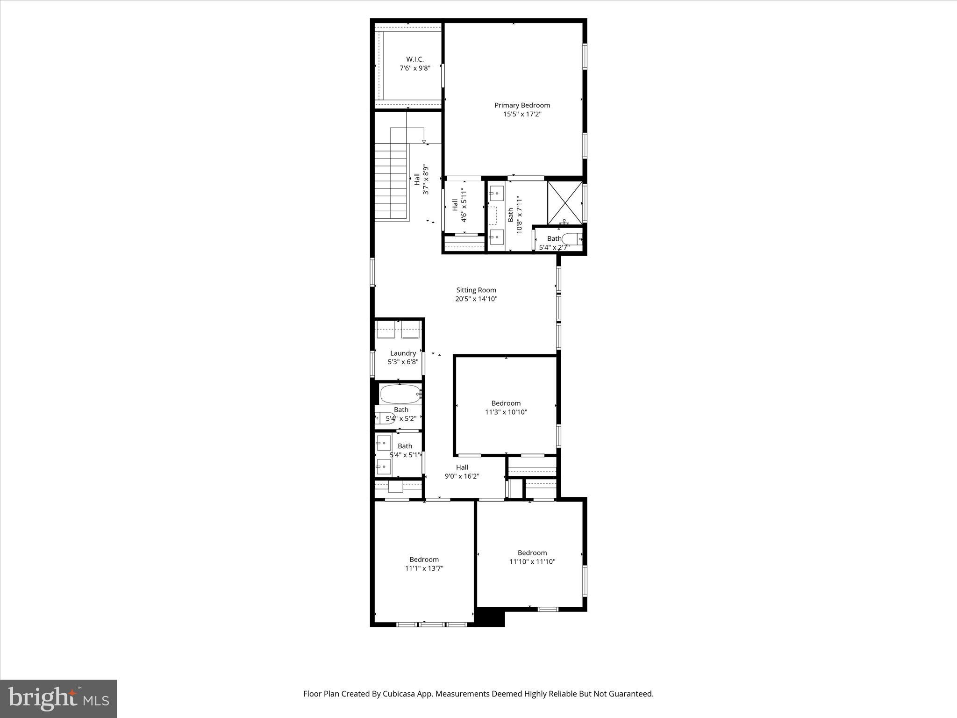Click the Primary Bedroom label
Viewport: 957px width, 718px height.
point(522,105)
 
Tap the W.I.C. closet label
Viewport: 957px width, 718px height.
point(414,59)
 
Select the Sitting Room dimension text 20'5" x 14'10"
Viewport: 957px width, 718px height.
point(476,299)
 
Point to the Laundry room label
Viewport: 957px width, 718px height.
point(403,353)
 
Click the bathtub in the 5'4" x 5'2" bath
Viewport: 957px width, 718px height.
point(400,394)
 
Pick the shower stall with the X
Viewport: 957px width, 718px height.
point(564,202)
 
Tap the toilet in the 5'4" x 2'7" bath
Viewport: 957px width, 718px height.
point(572,239)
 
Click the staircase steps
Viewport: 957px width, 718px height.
point(392,182)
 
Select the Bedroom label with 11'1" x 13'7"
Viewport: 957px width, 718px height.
point(424,560)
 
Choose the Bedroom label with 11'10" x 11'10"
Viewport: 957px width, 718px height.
point(532,553)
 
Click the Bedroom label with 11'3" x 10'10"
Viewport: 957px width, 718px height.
point(506,403)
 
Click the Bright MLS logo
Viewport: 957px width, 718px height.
point(58,698)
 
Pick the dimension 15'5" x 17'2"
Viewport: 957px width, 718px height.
point(521,115)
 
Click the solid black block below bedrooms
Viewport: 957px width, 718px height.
point(489,617)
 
